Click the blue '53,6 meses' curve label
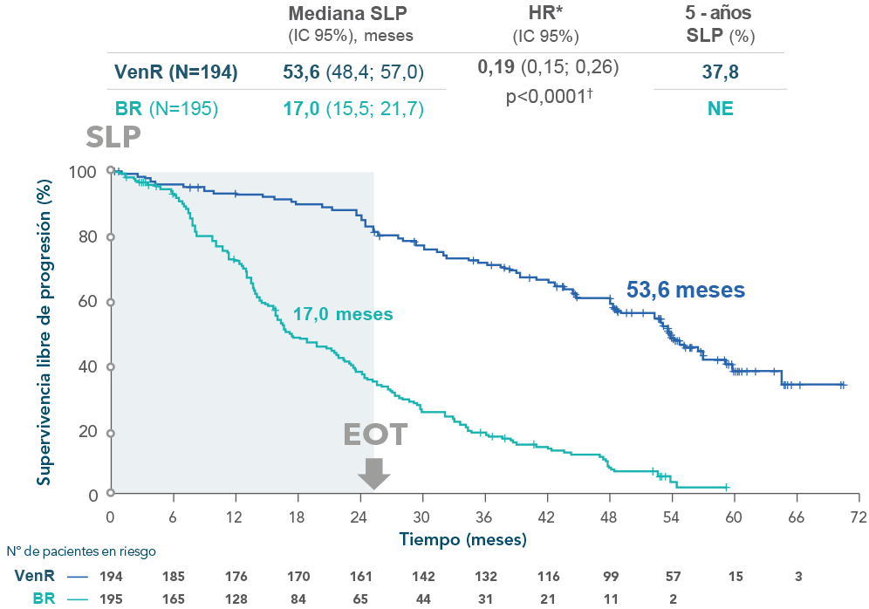pos(685,290)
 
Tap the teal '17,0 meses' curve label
pos(342,313)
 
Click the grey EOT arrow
pos(374,473)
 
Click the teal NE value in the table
pos(720,109)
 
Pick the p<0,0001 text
pos(549,97)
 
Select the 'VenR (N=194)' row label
pos(175,72)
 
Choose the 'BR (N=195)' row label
pos(166,109)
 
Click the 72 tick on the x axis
pos(859,516)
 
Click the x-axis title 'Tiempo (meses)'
pos(463,539)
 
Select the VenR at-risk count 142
pos(422,577)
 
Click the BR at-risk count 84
pos(298,598)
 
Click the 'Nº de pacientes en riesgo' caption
pos(81,551)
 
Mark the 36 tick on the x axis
pos(484,516)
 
